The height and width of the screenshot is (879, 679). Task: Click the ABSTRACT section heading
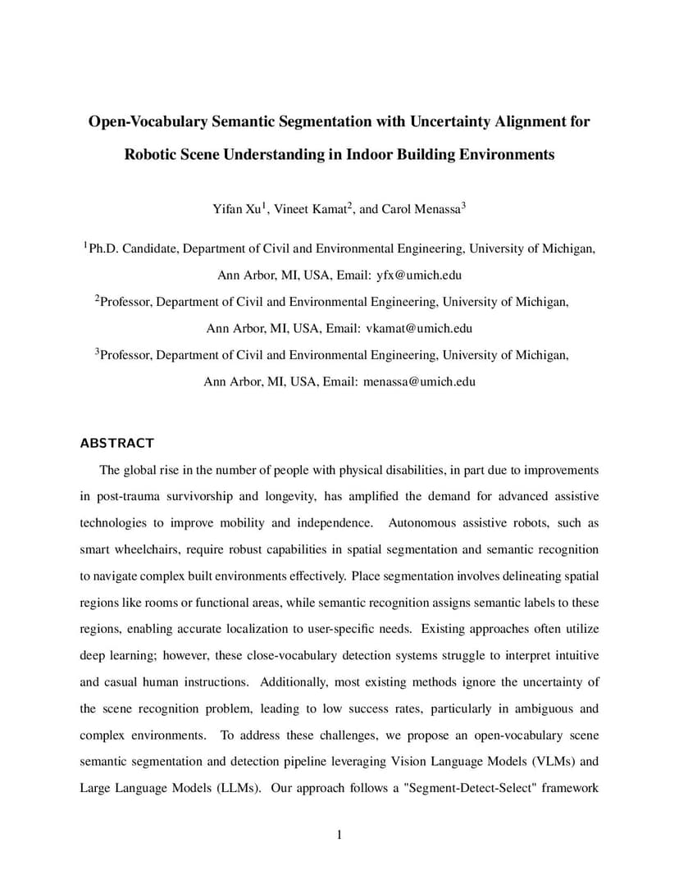pos(116,443)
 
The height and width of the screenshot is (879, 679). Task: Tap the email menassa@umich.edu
pos(419,381)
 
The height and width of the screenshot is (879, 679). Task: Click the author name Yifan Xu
pos(236,209)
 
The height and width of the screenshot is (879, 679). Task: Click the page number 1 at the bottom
pos(339,835)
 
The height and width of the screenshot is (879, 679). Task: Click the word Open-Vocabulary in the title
pos(148,122)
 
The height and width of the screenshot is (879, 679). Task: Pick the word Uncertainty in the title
pos(446,122)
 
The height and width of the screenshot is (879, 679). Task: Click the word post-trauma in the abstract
pos(125,496)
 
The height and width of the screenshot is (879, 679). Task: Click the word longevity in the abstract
pos(308,496)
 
